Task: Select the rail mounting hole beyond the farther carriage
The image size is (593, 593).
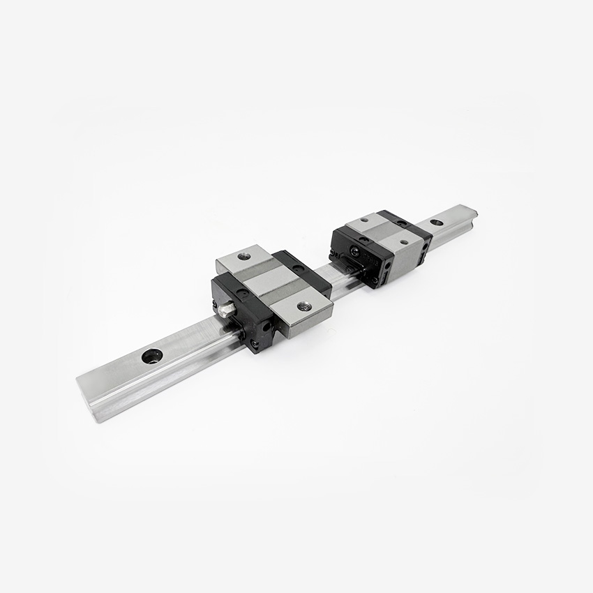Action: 436,223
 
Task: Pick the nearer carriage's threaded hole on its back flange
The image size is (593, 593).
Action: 243,256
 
